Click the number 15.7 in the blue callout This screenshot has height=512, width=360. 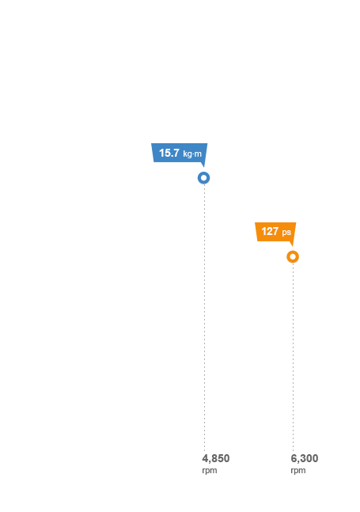(x=169, y=153)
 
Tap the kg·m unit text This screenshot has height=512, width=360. (x=192, y=154)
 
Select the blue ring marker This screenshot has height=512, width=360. (x=203, y=178)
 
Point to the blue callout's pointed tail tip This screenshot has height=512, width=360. (x=204, y=167)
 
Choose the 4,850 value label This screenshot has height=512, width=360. (x=216, y=458)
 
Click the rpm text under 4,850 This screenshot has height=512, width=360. (x=210, y=471)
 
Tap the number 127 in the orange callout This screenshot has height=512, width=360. (x=270, y=231)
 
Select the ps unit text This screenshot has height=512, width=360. (x=286, y=233)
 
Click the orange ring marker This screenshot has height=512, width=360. (x=293, y=256)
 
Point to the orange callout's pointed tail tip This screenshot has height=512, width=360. (x=293, y=246)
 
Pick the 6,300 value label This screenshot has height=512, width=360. (x=305, y=458)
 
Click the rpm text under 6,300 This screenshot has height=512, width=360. (x=298, y=471)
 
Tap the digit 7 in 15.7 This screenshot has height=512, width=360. (x=176, y=153)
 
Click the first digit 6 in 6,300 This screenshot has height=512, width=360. (x=294, y=458)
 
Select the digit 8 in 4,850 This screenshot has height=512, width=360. (x=213, y=458)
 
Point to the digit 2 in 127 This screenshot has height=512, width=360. (x=270, y=231)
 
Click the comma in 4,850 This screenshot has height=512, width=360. (x=209, y=462)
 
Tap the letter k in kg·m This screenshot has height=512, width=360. (x=185, y=154)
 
